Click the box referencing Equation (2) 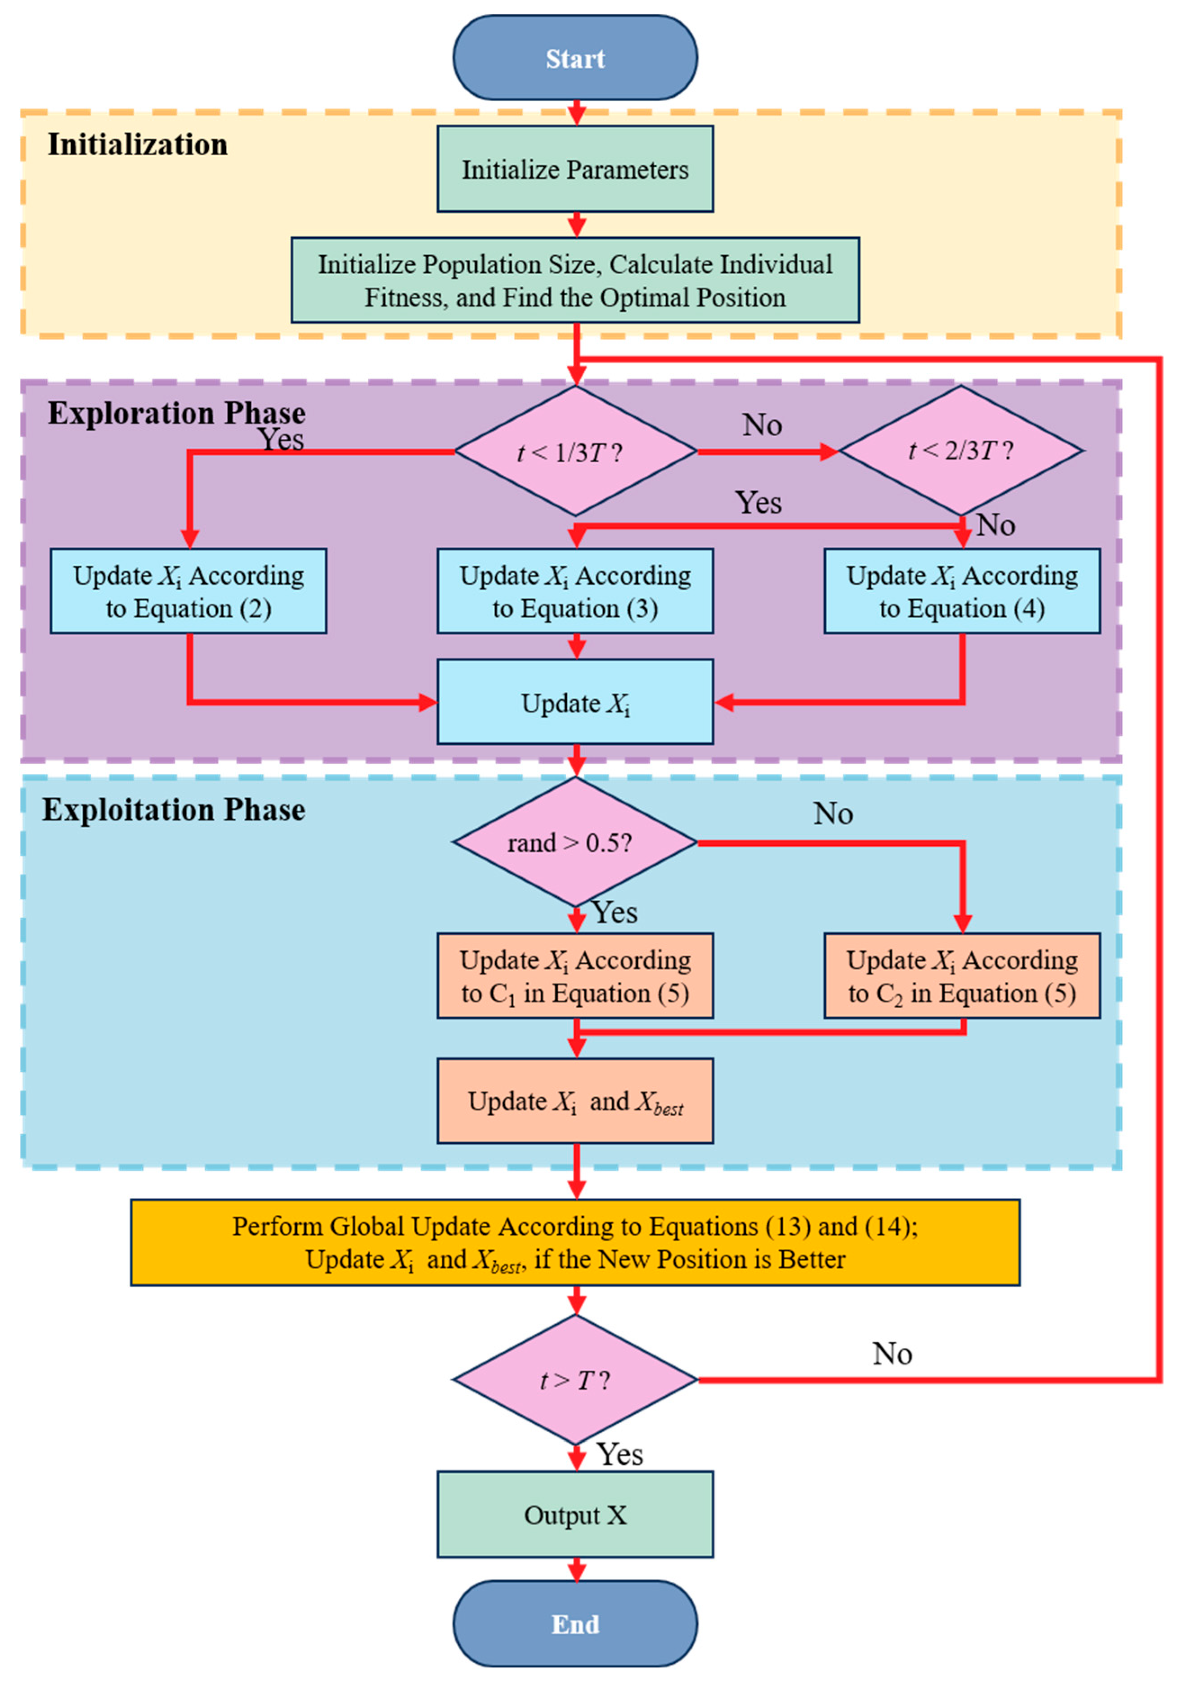188,591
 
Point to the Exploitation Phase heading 174,809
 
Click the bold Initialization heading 138,144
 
